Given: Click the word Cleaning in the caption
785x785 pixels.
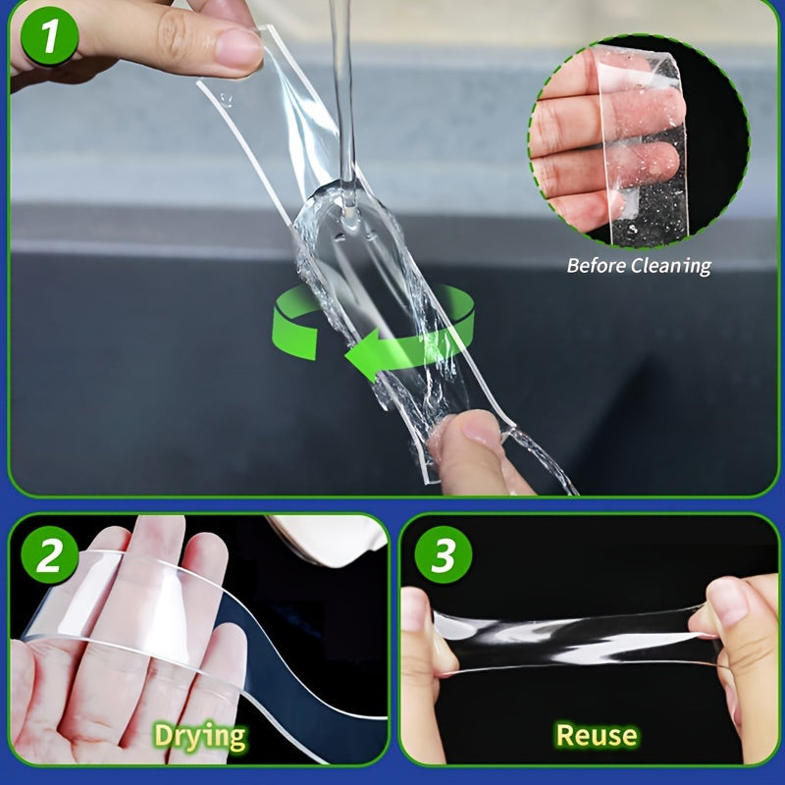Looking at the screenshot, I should click(673, 265).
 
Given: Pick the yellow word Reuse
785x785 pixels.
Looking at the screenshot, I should click(596, 735).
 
